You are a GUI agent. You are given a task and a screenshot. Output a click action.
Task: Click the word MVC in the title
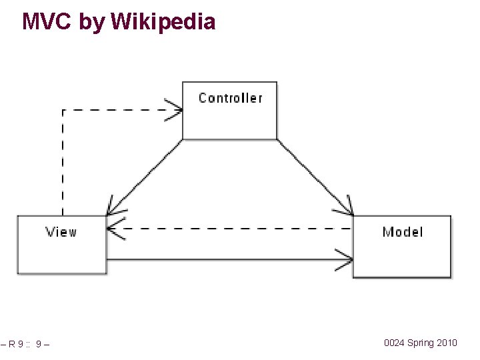coord(47,21)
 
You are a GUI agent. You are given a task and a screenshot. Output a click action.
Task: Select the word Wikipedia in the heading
coord(163,21)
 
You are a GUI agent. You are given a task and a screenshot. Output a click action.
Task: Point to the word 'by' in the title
coord(92,22)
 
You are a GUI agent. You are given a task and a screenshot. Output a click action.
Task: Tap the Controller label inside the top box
coord(230,98)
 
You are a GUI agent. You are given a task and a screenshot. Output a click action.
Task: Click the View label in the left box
coord(61,232)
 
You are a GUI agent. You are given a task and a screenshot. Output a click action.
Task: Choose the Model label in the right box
coord(402,232)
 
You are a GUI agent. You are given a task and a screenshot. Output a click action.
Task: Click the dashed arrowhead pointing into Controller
coord(175,110)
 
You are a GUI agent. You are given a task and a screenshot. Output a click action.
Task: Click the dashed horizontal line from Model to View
coord(233,229)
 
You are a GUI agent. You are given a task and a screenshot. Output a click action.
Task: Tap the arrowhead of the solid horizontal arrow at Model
coord(346,259)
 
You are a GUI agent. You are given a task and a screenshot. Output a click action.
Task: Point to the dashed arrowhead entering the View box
coord(114,229)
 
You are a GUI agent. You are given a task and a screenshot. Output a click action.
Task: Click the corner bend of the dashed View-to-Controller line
coord(63,110)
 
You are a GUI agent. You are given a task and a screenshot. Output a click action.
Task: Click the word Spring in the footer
coord(421,343)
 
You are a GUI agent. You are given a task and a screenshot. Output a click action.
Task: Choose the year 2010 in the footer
coord(447,343)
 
